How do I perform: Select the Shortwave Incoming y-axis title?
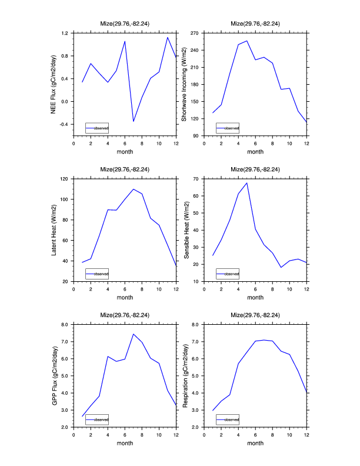184,84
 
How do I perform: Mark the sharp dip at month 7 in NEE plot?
134,121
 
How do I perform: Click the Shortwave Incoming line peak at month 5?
247,41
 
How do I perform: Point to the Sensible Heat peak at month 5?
247,183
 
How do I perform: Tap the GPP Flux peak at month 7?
134,334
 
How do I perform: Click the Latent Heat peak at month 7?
134,189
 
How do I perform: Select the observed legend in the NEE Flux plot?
97,128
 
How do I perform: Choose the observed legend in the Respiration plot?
228,419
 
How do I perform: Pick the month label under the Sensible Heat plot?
255,298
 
